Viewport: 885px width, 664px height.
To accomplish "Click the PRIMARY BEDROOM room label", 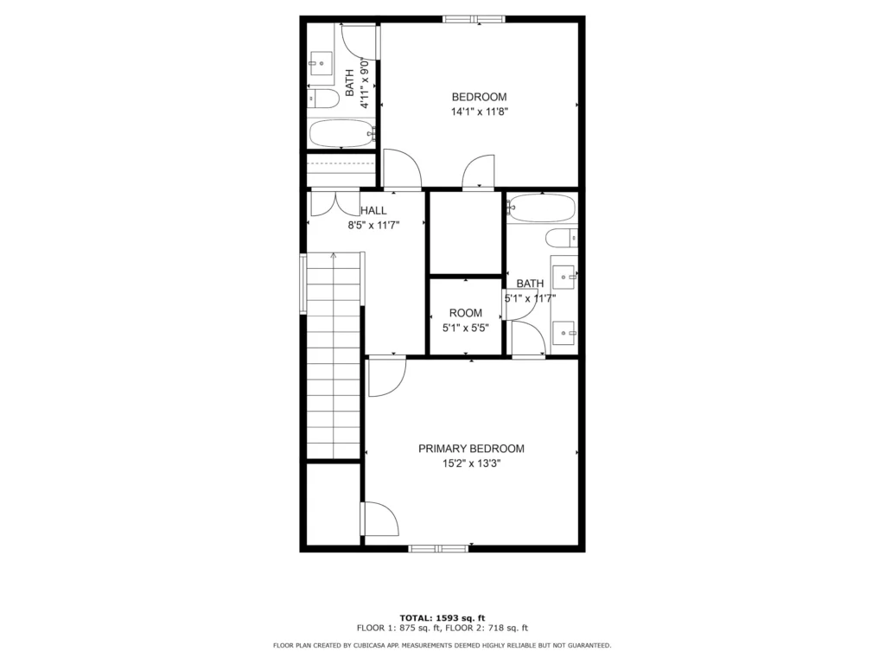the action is tap(471, 449).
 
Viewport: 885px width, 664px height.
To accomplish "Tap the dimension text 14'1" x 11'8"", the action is tap(479, 112).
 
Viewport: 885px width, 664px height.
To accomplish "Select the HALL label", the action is tap(373, 211).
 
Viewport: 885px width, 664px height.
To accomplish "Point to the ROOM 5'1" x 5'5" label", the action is tap(466, 320).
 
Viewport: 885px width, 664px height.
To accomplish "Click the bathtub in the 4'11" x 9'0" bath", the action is tap(342, 133).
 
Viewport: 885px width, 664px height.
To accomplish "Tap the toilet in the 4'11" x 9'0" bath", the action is tap(323, 99).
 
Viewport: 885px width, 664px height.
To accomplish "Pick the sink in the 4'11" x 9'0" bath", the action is tap(321, 64).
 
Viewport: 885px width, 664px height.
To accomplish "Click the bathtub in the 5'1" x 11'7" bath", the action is tap(541, 207).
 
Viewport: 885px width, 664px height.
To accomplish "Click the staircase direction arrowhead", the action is tap(334, 256).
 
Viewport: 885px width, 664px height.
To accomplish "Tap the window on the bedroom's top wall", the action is tap(474, 19).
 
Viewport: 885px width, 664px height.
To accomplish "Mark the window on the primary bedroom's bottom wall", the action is tap(438, 548).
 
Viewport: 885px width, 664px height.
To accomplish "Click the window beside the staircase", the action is tap(303, 284).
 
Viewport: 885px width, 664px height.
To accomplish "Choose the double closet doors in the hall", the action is tap(335, 203).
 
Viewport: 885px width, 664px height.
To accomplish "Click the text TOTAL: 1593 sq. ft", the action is tap(442, 617).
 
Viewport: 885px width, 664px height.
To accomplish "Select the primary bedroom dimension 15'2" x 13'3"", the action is tap(471, 464).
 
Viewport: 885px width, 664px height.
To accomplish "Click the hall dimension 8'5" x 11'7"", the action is tap(373, 226).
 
